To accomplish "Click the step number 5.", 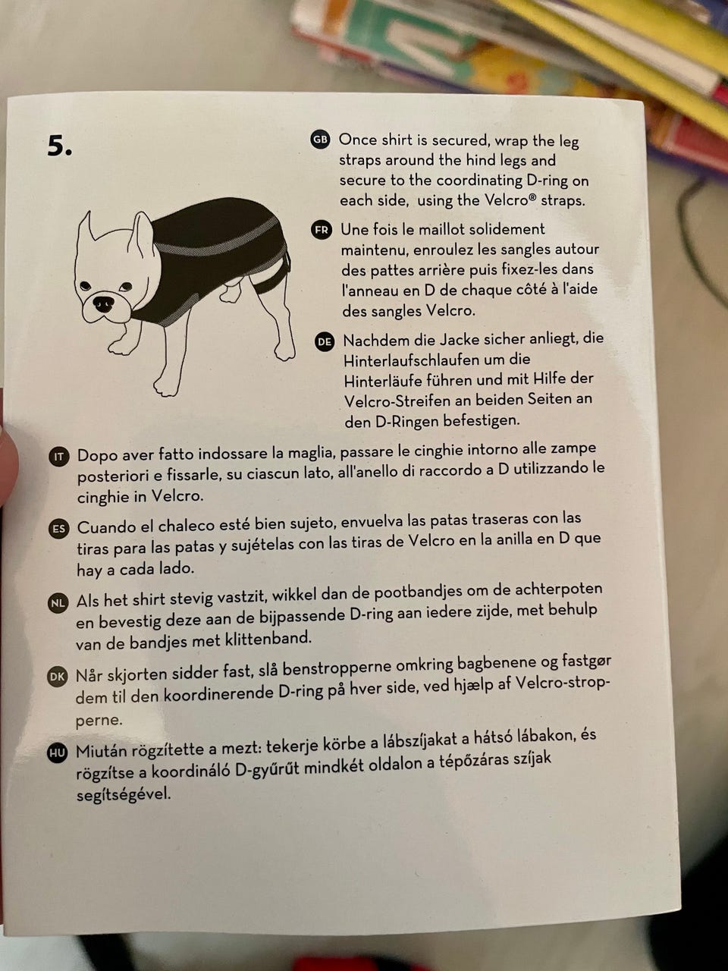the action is (59, 146).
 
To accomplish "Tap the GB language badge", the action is (320, 140).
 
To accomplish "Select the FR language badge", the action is (322, 231).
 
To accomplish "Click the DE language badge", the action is (325, 342).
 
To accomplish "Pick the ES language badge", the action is (58, 529).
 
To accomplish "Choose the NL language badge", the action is (58, 603).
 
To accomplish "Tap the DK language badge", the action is (57, 677).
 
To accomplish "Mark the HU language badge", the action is (57, 753).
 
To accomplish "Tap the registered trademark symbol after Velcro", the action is (532, 196).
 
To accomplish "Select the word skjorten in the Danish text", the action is (137, 675).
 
